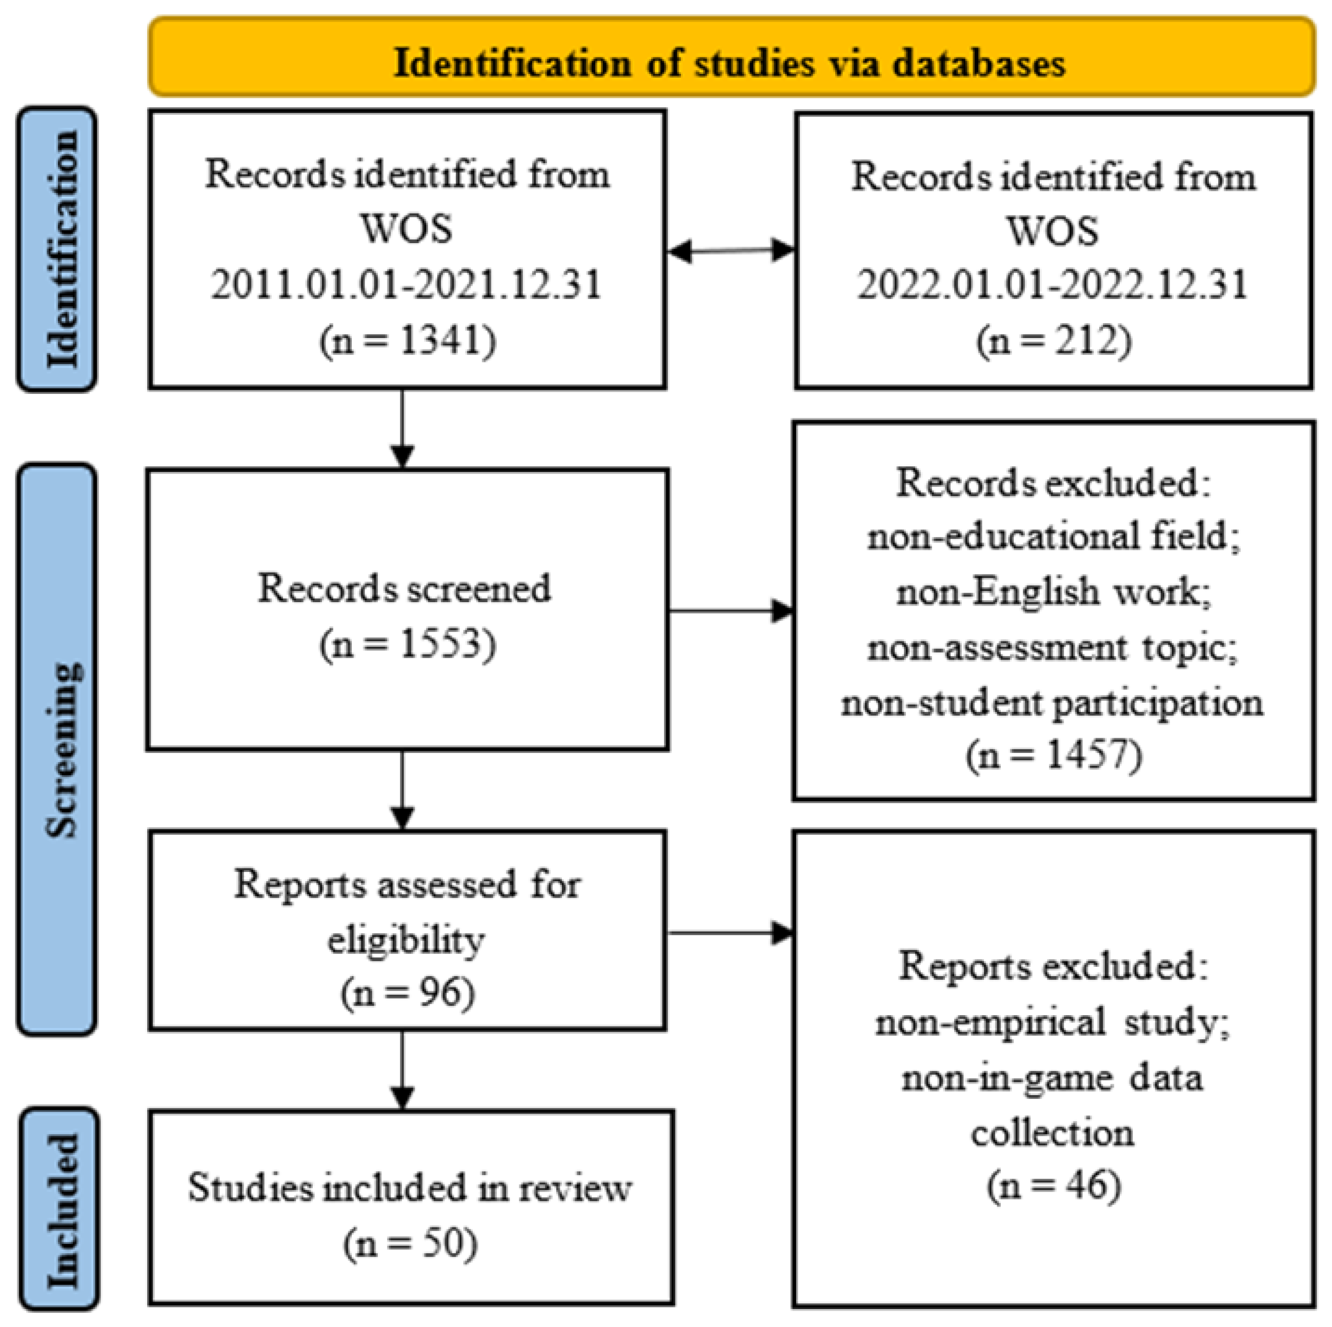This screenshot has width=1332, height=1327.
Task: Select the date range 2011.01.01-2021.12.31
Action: coord(407,284)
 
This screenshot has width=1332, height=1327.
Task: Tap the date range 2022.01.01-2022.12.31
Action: coord(1053,284)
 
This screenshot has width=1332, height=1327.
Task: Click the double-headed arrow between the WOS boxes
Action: coord(731,250)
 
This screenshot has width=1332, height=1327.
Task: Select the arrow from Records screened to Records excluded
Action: coord(731,610)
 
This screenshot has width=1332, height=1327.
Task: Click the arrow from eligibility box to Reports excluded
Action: coord(731,933)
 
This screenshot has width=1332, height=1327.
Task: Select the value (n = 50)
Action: coord(410,1243)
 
